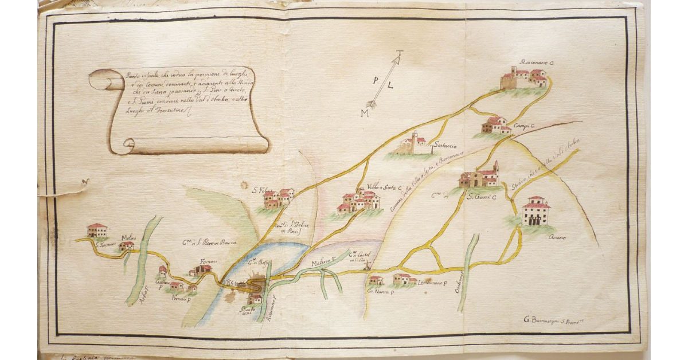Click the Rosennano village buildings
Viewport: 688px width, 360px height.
tap(524, 77)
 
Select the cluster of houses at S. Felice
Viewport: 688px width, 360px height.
tap(279, 198)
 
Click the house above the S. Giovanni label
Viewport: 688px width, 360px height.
tap(97, 230)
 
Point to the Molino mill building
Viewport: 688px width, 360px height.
tap(126, 246)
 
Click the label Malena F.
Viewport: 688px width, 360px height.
tap(322, 263)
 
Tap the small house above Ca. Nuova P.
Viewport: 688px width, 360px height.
tap(376, 280)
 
